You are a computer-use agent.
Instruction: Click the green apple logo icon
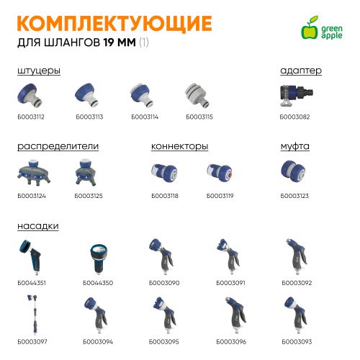click(310, 27)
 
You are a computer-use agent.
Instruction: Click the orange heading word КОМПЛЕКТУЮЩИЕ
click(114, 24)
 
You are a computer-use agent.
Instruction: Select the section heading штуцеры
click(39, 71)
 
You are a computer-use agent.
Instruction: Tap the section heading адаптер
click(301, 71)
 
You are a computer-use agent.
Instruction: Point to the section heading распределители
click(58, 146)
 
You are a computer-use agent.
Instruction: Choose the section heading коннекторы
click(180, 146)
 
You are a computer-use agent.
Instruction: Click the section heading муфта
click(295, 146)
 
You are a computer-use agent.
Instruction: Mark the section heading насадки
click(38, 226)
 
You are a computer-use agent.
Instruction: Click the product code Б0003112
click(31, 117)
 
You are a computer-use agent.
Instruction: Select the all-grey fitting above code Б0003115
click(197, 95)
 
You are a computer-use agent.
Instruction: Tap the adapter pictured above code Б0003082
click(297, 94)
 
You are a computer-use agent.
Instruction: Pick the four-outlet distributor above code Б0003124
click(34, 173)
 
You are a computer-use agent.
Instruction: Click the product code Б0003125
click(89, 196)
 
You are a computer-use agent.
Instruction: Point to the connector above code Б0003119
click(220, 173)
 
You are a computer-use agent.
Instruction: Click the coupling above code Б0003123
click(293, 171)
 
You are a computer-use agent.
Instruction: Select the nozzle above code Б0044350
click(99, 258)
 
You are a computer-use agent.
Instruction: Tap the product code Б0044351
click(32, 283)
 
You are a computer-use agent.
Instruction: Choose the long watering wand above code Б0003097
click(34, 315)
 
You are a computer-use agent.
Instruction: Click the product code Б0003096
click(231, 342)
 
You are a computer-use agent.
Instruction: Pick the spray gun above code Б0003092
click(297, 256)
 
